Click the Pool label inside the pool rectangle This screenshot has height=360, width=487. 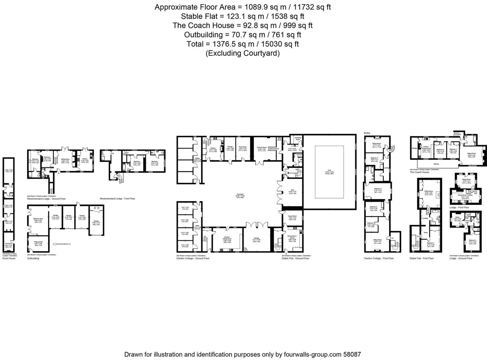pos(329,171)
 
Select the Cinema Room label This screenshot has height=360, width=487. pos(262,147)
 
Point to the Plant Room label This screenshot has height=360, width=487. pos(242,147)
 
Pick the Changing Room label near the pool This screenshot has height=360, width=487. pos(298,138)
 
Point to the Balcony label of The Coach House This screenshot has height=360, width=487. pos(436,164)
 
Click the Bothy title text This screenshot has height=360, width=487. pos(367,133)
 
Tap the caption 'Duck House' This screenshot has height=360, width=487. pos(9,258)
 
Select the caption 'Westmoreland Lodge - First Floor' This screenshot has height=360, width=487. pos(117,199)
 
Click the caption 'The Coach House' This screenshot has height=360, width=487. pos(419,172)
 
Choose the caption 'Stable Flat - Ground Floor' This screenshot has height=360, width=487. pos(295,258)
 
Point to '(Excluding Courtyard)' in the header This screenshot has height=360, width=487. pos(243,53)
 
